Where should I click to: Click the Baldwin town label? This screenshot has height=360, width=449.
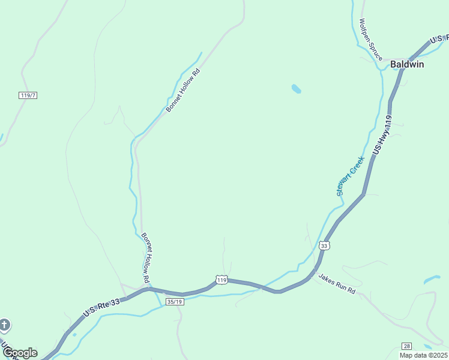click(407, 64)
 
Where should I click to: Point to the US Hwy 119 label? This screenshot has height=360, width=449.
click(383, 136)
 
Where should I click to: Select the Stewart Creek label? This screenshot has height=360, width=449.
click(351, 176)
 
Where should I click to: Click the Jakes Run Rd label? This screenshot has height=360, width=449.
click(337, 284)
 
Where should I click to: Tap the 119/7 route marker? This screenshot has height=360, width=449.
click(28, 95)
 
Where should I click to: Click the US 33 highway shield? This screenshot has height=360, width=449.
click(324, 245)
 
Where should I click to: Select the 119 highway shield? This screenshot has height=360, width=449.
click(221, 280)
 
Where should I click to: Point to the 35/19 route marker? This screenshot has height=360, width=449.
click(175, 302)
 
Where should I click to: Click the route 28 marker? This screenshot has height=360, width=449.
click(406, 347)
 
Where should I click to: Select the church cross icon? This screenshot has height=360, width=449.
click(4, 326)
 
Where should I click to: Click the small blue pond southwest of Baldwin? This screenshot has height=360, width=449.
click(295, 89)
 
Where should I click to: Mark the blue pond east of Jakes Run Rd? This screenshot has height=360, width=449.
click(432, 280)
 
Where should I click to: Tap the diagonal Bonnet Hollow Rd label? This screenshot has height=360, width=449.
click(182, 91)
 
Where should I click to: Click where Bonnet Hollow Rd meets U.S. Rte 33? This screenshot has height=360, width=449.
click(149, 288)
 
